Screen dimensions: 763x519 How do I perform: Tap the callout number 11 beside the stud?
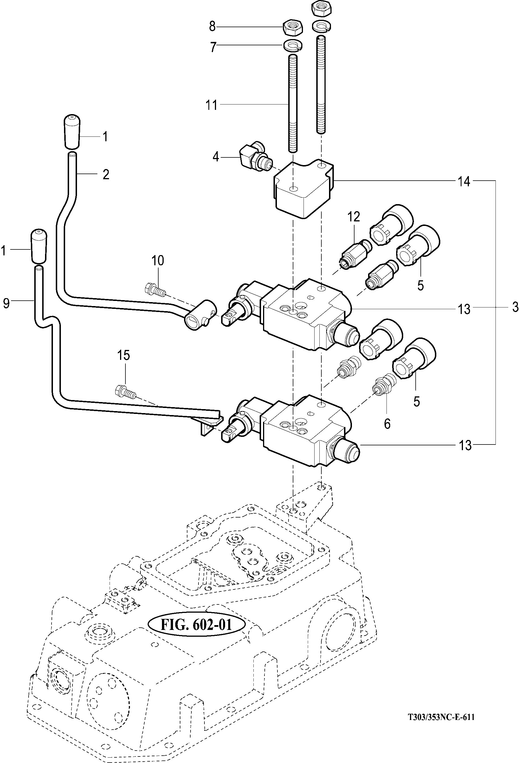[212, 105]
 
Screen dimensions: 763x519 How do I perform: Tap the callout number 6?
[387, 424]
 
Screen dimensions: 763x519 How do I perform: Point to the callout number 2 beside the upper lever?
[106, 174]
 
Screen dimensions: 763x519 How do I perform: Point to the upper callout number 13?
[464, 309]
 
